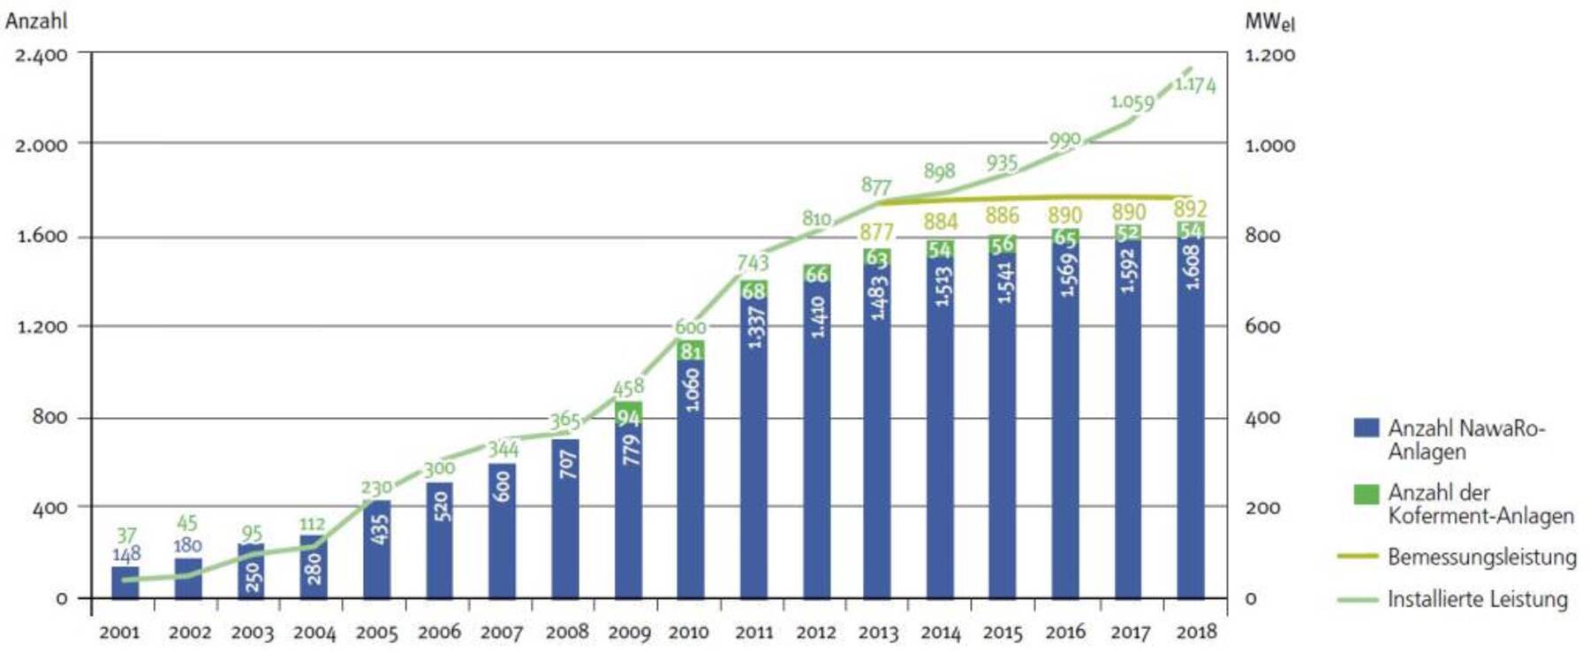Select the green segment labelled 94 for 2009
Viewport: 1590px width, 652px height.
628,415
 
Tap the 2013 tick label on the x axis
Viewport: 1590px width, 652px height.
878,633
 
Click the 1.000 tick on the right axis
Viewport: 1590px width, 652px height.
1269,146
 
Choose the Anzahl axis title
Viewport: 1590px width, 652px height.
36,19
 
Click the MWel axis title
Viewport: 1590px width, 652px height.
1269,22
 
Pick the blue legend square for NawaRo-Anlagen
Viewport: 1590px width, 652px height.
1366,428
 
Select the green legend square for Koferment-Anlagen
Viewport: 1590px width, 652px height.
1366,493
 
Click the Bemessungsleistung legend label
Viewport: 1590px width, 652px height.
1481,557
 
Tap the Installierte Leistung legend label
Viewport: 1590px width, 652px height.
1477,599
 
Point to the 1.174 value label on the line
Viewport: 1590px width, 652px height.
1195,85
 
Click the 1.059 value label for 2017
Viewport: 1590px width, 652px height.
1132,102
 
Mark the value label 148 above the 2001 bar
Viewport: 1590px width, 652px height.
126,555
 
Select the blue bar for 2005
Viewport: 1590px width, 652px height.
376,548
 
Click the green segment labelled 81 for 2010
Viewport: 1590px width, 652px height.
691,351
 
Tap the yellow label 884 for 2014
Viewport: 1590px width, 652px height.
941,222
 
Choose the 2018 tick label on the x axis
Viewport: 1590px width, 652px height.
1196,632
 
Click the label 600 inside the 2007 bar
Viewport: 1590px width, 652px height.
502,487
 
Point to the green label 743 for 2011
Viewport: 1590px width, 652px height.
753,262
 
